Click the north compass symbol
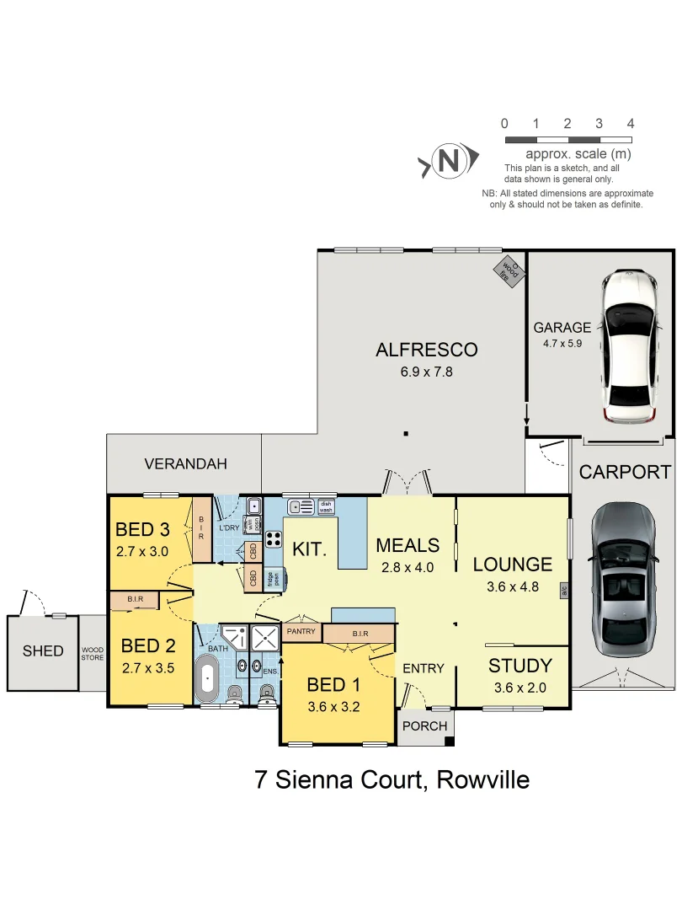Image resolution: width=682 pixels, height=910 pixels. tap(450, 160)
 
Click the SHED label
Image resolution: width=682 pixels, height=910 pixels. tap(43, 650)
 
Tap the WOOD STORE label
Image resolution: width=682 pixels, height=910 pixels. tap(93, 654)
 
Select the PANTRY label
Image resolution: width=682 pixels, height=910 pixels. tap(301, 631)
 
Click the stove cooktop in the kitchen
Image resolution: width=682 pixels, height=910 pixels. tap(274, 539)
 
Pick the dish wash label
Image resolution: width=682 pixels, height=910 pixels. tap(326, 506)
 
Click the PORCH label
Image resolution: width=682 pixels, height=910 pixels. tap(424, 725)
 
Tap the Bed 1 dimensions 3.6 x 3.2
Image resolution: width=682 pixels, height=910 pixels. tap(333, 707)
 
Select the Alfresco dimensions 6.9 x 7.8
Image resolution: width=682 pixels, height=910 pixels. tap(426, 371)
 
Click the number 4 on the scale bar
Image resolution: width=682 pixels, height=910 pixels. tap(630, 124)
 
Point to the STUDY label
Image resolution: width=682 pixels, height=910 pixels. tap(519, 666)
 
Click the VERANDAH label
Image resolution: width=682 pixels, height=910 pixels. tap(185, 463)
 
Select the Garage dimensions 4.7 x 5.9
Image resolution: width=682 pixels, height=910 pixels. tap(562, 343)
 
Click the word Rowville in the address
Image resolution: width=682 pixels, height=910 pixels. tap(483, 779)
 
